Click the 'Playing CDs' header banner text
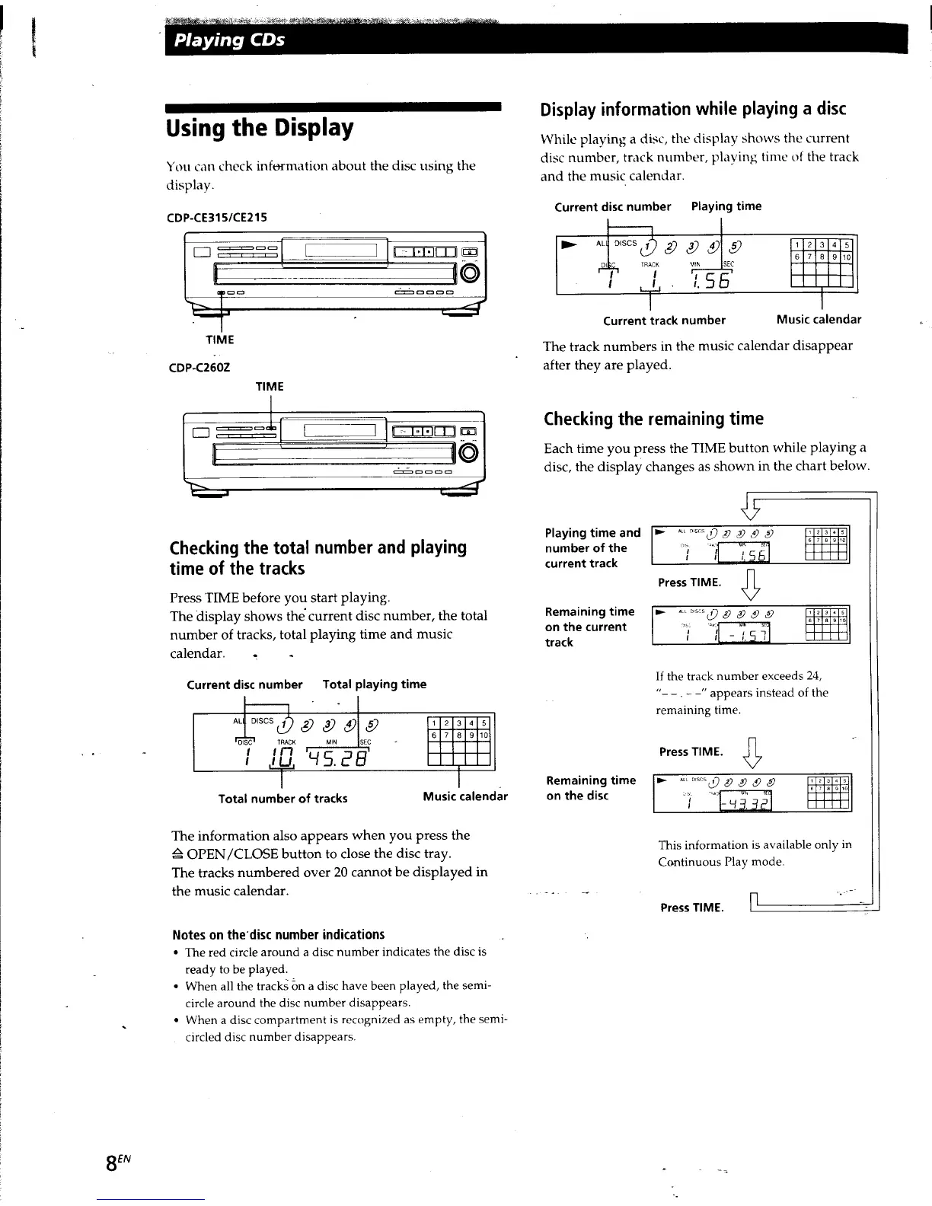pyautogui.click(x=229, y=40)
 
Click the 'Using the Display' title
pyautogui.click(x=260, y=128)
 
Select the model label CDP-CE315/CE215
pyautogui.click(x=216, y=217)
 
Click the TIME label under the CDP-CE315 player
pyautogui.click(x=221, y=340)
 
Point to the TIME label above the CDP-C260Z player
pyautogui.click(x=270, y=387)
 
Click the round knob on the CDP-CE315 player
pyautogui.click(x=471, y=273)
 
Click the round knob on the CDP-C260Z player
pyautogui.click(x=469, y=453)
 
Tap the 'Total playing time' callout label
pyautogui.click(x=374, y=684)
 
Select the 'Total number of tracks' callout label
pyautogui.click(x=282, y=799)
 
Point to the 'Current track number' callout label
pyautogui.click(x=664, y=321)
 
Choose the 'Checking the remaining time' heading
pyautogui.click(x=653, y=419)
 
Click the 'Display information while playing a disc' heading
pyautogui.click(x=693, y=109)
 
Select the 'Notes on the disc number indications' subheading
pyautogui.click(x=278, y=934)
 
